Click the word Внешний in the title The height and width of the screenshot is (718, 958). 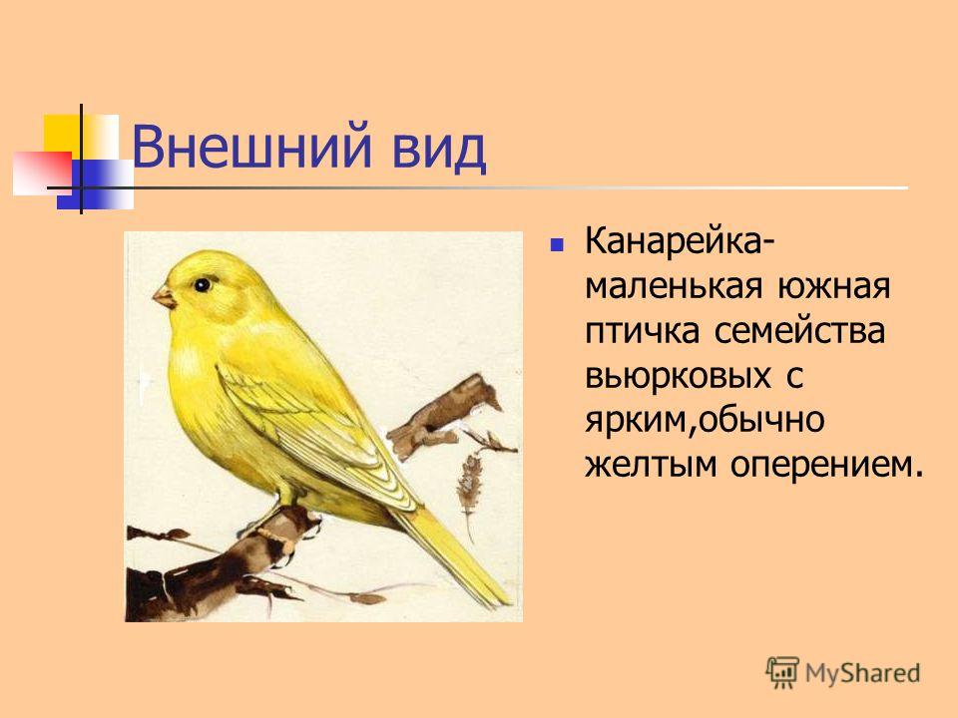click(251, 148)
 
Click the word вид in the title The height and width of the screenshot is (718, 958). click(439, 148)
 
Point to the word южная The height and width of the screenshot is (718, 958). click(834, 286)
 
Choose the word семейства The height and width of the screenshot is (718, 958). click(799, 331)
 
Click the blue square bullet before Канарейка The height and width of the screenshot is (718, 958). click(556, 245)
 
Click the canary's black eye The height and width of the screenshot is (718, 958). click(203, 284)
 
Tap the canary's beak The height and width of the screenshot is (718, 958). click(165, 297)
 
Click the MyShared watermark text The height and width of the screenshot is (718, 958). click(862, 673)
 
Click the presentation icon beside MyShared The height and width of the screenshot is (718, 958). click(782, 672)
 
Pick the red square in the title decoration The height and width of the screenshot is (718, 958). click(42, 173)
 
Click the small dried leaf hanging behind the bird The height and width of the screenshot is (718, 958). click(469, 483)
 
